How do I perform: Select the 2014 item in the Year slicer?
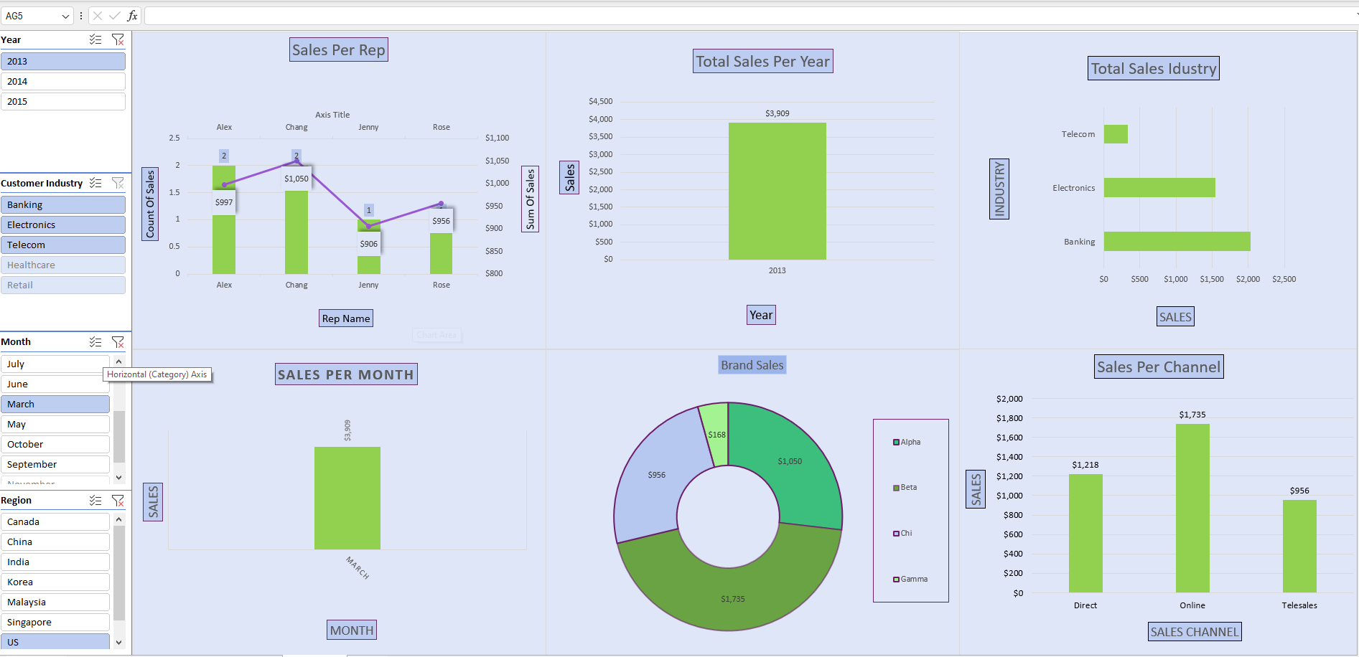coord(62,82)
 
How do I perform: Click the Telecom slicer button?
coord(62,245)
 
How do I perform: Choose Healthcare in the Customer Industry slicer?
coord(62,265)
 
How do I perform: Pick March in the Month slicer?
coord(55,405)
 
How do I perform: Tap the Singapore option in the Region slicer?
coord(55,623)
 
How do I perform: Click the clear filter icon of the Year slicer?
coord(118,40)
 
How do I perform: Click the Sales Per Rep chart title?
coord(339,50)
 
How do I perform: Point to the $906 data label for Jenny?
coord(369,244)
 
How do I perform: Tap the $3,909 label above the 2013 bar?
coord(777,113)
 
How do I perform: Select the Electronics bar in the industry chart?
coord(1159,188)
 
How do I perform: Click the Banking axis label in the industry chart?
coord(1079,242)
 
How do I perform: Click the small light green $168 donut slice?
coord(715,433)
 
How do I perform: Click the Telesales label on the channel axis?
coord(1299,605)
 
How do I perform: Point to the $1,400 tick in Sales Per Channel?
coord(1009,457)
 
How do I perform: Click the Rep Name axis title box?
coord(346,318)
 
